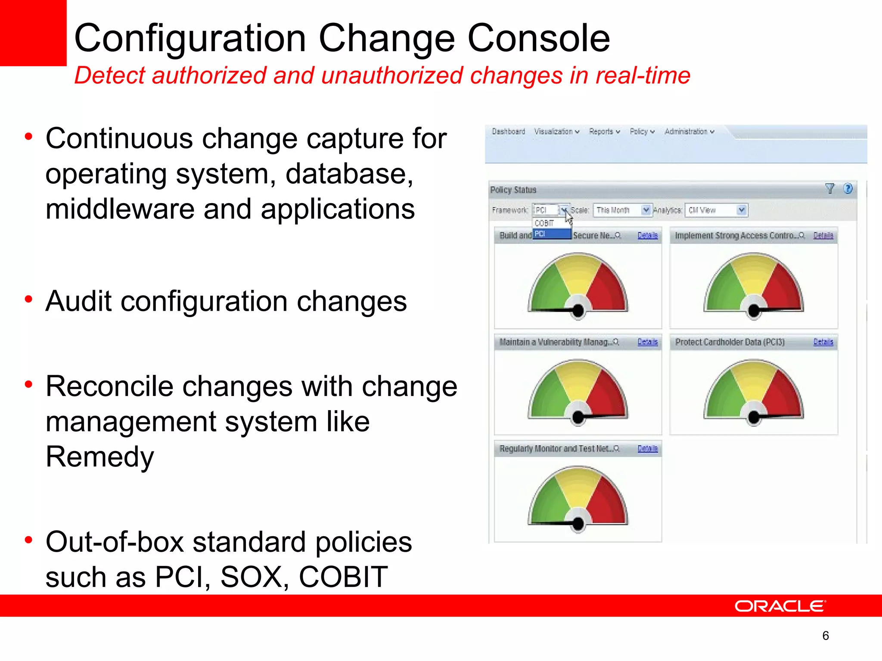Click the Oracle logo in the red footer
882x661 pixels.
point(780,606)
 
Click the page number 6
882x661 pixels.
point(825,636)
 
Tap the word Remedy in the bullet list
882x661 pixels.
point(99,457)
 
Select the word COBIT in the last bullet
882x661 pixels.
point(343,577)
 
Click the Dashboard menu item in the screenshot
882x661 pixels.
point(508,132)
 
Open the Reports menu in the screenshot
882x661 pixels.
point(604,132)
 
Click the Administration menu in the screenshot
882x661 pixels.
point(689,132)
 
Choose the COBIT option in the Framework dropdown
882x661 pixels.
point(544,223)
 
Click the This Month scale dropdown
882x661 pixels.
point(622,210)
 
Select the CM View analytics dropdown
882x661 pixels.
point(716,210)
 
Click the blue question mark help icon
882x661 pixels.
point(848,188)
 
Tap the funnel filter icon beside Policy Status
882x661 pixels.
point(830,188)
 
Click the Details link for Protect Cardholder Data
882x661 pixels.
point(823,342)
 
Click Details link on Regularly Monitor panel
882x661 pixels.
point(647,449)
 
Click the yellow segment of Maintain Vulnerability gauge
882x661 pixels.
point(577,377)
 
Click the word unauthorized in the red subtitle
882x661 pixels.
point(392,76)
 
